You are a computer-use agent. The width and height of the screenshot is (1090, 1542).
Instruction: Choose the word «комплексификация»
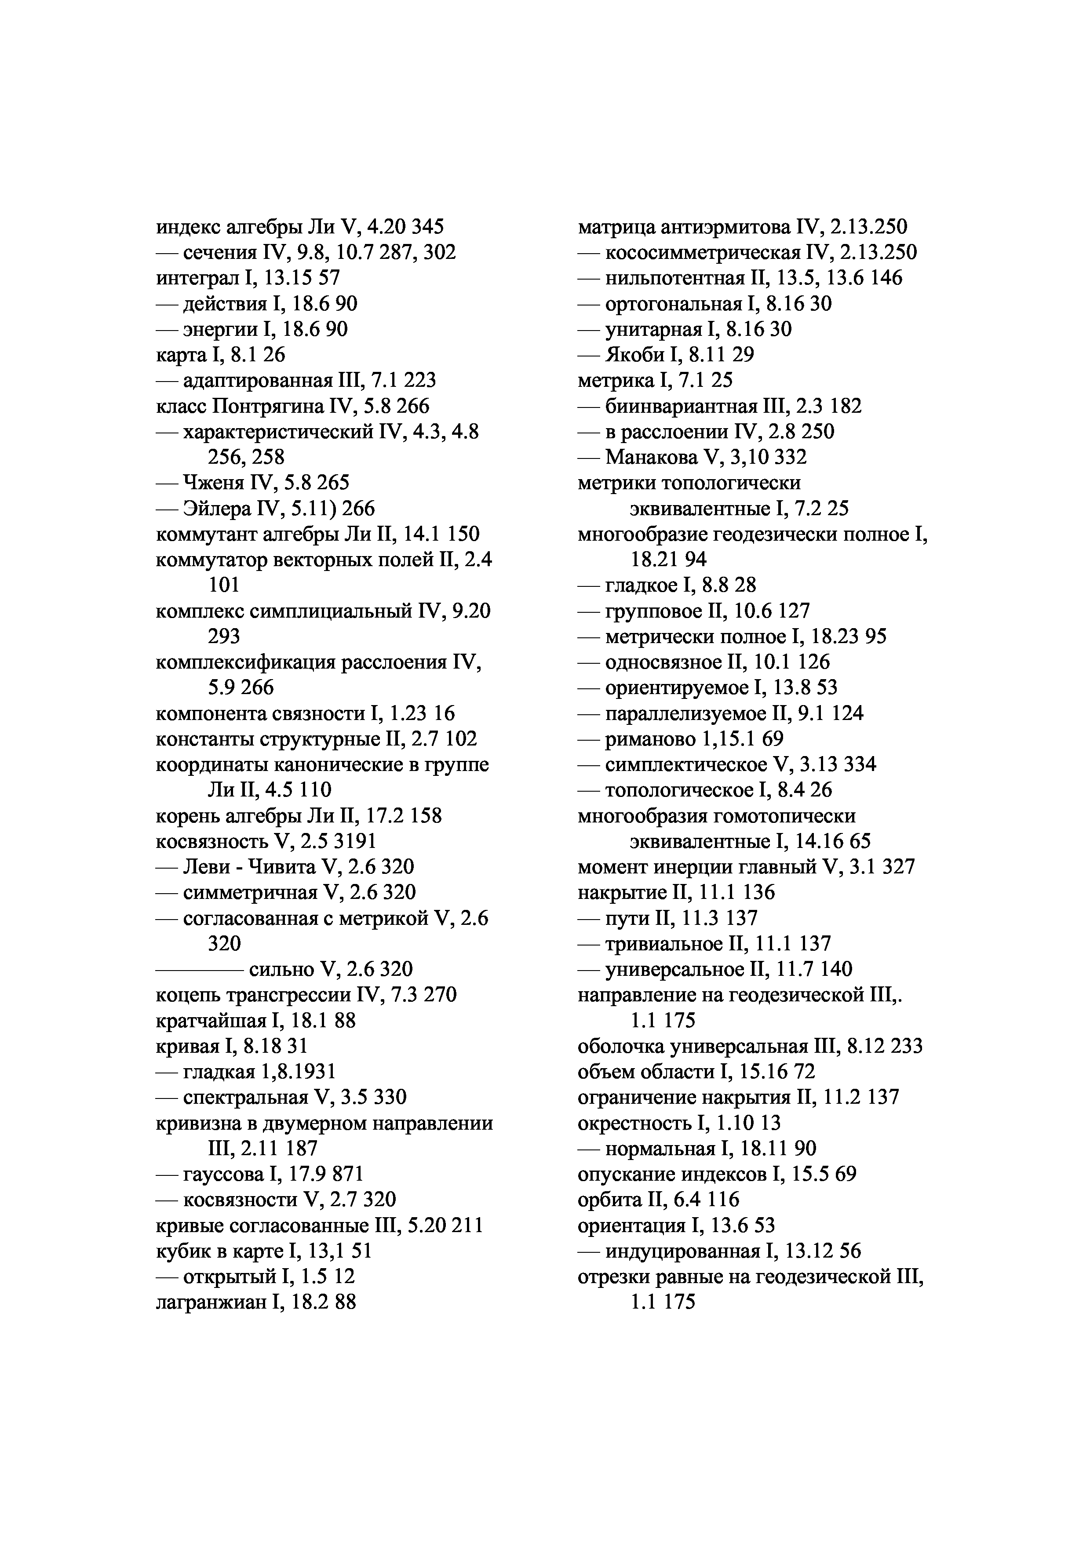click(246, 663)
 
